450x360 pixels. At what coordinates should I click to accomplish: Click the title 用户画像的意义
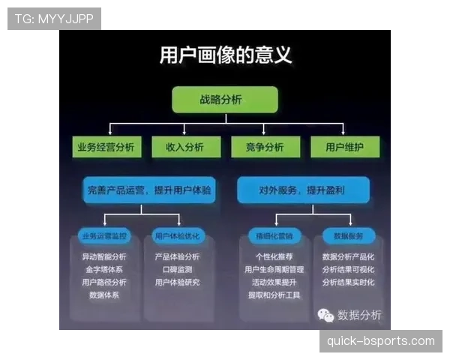[x=226, y=55]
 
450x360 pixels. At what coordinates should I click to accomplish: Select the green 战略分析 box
[x=225, y=99]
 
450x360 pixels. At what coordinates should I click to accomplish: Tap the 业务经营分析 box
[x=106, y=147]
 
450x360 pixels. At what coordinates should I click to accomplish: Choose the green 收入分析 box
[x=184, y=147]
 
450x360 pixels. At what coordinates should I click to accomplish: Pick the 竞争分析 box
[x=265, y=147]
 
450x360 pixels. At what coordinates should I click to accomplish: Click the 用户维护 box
[x=345, y=147]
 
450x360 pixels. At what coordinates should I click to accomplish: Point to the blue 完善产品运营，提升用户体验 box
[x=148, y=190]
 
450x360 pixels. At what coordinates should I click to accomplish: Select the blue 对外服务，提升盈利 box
[x=303, y=190]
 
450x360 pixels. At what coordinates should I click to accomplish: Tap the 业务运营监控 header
[x=105, y=235]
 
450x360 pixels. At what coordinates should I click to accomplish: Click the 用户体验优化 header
[x=177, y=235]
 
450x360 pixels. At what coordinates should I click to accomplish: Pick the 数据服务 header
[x=348, y=235]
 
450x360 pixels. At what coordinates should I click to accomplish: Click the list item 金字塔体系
[x=104, y=269]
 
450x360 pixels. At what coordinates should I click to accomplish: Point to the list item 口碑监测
[x=177, y=269]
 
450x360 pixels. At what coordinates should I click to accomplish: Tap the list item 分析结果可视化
[x=348, y=269]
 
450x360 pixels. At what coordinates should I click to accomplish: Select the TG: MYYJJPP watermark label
[x=54, y=19]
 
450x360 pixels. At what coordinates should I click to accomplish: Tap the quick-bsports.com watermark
[x=380, y=341]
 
